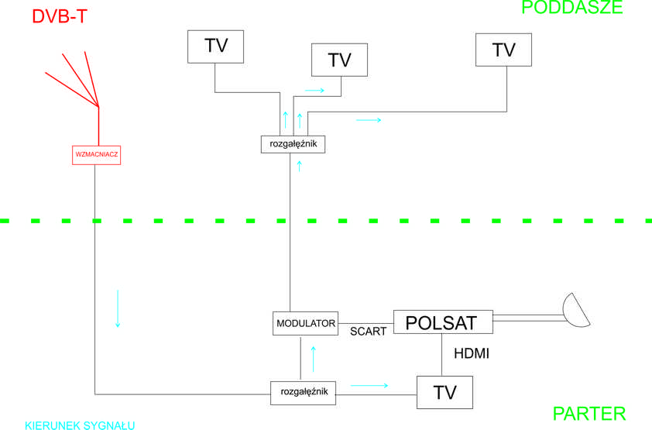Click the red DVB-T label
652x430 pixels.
pyautogui.click(x=59, y=17)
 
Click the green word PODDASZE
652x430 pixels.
pyautogui.click(x=571, y=8)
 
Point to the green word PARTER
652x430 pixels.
pyautogui.click(x=589, y=414)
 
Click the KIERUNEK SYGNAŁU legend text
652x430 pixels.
pyautogui.click(x=80, y=425)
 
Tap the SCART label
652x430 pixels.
pyautogui.click(x=368, y=332)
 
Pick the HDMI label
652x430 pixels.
pyautogui.click(x=472, y=354)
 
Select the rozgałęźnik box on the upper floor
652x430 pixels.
pyautogui.click(x=293, y=144)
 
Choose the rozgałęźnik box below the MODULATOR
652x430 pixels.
pyautogui.click(x=304, y=392)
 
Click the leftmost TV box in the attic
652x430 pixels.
pyautogui.click(x=215, y=46)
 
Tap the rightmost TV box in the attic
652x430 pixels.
pyautogui.click(x=503, y=50)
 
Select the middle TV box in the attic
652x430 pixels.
pyautogui.click(x=339, y=60)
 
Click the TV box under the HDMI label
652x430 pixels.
pyautogui.click(x=444, y=393)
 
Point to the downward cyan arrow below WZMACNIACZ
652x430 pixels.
pyautogui.click(x=118, y=308)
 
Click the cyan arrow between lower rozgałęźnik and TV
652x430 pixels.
pyautogui.click(x=369, y=384)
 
